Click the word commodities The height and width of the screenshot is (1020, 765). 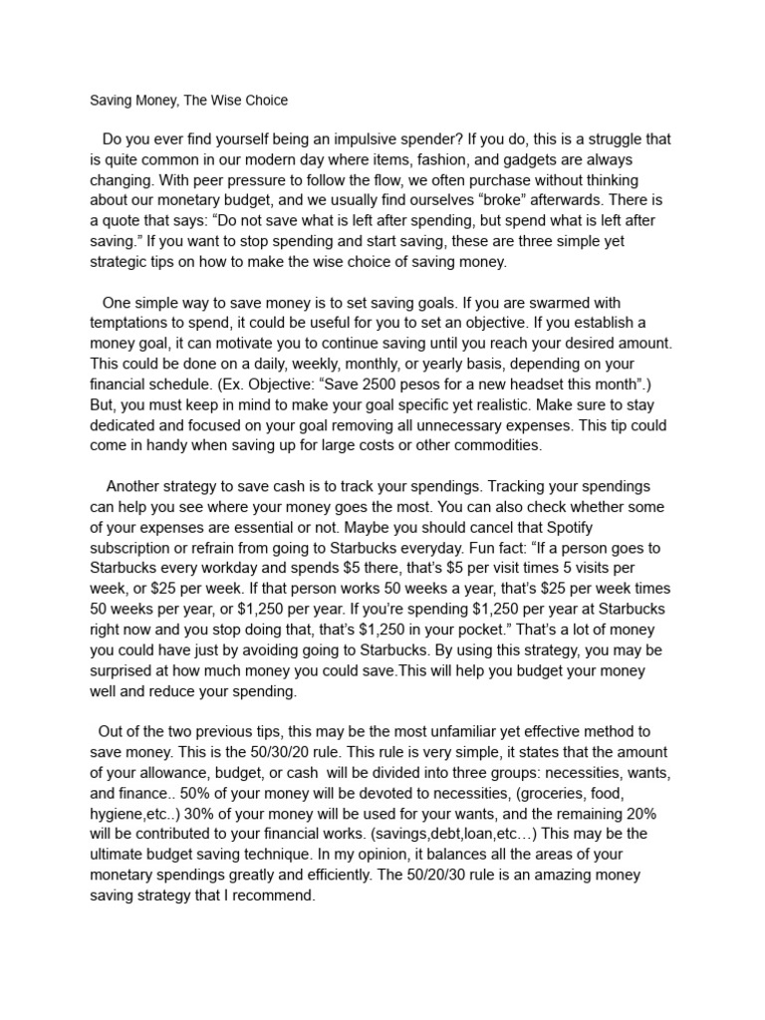tap(493, 445)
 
